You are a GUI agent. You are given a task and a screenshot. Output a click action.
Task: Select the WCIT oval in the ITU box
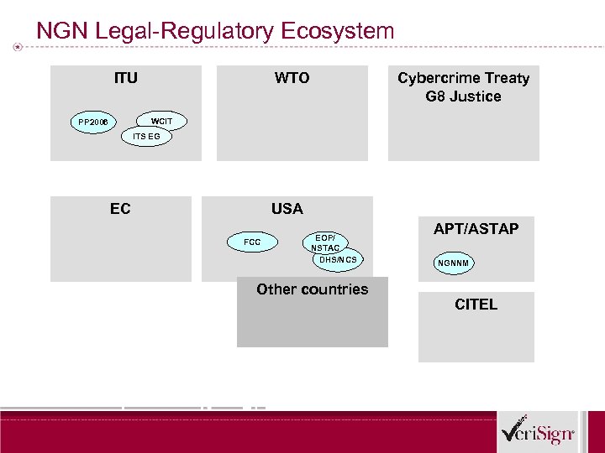tap(161, 121)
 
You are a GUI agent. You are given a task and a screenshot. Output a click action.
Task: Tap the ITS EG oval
tap(146, 136)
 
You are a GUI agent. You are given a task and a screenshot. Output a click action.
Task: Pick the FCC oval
tap(252, 242)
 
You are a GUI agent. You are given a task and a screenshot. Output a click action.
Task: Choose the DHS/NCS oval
tap(338, 260)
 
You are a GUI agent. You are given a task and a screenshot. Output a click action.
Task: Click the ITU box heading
tap(126, 78)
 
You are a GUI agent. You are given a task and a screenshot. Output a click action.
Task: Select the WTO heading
tap(292, 78)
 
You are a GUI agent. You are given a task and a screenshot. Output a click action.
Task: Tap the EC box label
tap(120, 209)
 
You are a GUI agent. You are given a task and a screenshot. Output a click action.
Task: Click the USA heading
tap(287, 209)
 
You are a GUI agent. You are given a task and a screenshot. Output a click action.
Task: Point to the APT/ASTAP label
tap(476, 229)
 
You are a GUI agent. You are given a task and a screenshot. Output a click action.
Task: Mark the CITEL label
tap(476, 305)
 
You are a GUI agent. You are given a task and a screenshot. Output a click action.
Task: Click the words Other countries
tap(312, 289)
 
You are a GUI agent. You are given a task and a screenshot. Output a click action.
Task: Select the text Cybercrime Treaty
tap(463, 78)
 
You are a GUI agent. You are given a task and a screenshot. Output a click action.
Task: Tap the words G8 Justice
tap(463, 96)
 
